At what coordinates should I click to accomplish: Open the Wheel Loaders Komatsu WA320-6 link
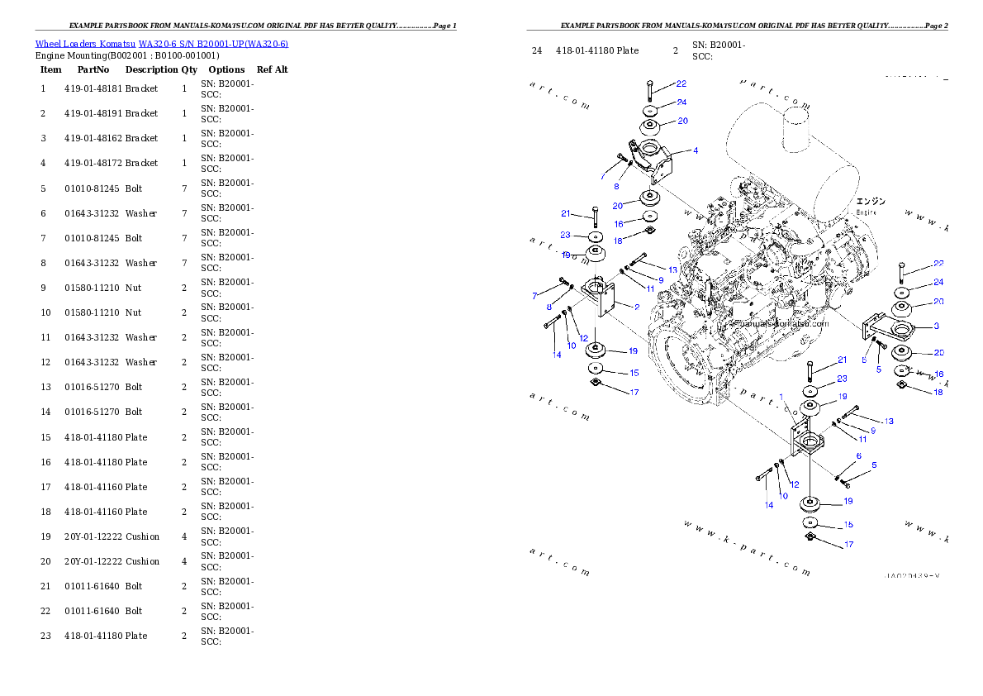coord(161,44)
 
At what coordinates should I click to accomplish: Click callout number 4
coord(696,151)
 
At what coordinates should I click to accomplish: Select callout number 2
coord(638,307)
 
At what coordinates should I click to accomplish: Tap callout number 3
coord(936,327)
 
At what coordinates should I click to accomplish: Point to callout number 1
coord(781,397)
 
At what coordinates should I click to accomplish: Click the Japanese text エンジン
coord(870,201)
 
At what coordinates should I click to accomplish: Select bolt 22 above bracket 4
coord(650,91)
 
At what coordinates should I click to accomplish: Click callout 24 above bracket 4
coord(681,102)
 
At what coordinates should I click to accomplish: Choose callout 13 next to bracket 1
coord(888,422)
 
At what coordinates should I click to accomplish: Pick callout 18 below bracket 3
coord(938,392)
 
